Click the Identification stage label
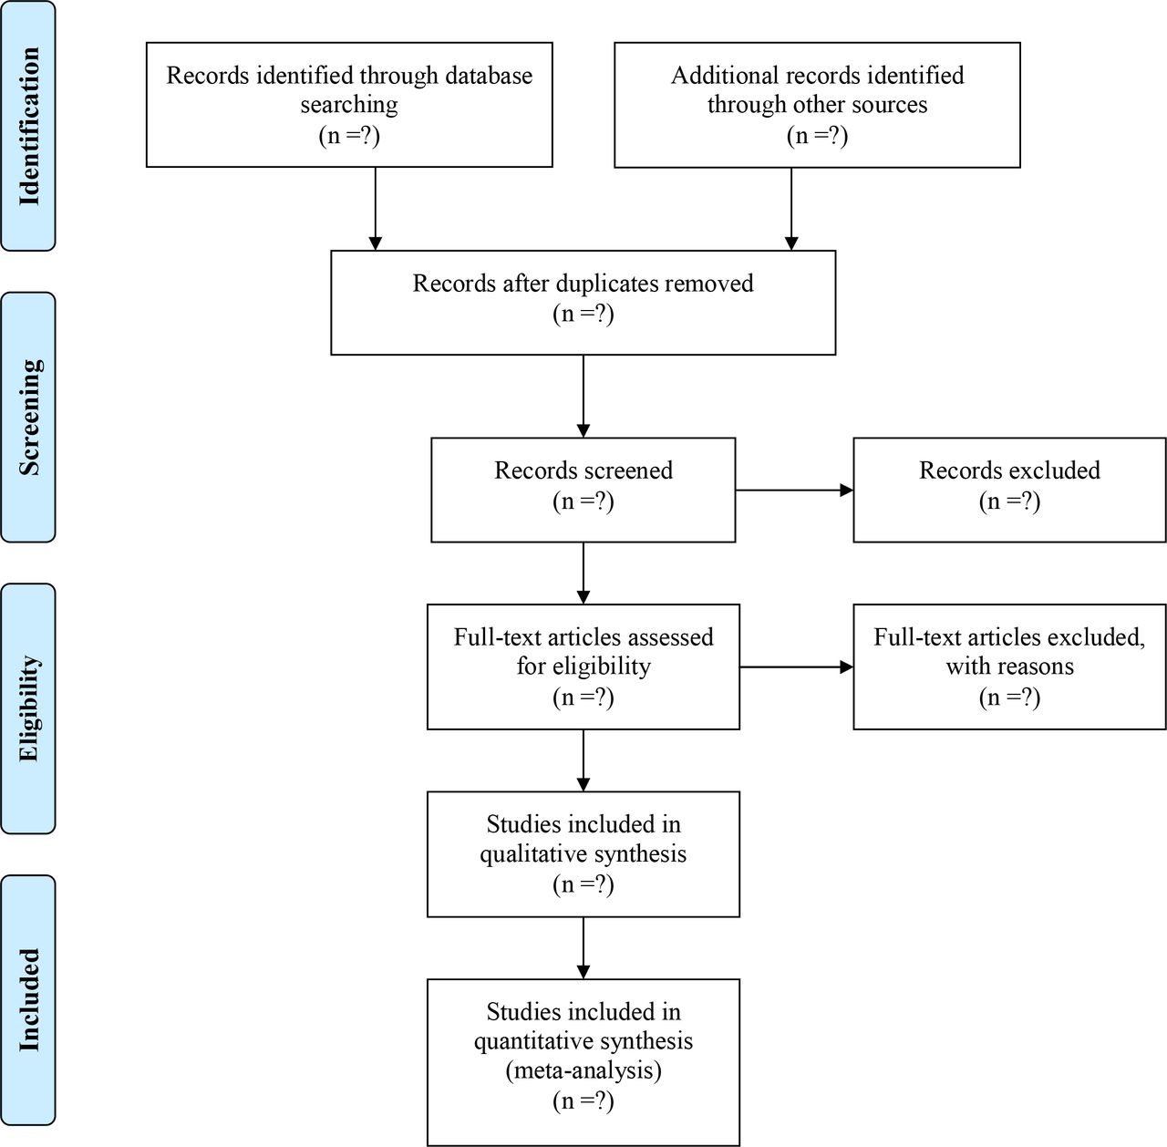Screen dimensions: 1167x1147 [x=29, y=126]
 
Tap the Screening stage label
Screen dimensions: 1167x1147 [x=29, y=418]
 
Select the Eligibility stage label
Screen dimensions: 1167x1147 [x=29, y=708]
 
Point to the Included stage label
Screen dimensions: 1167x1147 [x=29, y=999]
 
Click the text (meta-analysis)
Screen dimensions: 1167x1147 [x=583, y=1070]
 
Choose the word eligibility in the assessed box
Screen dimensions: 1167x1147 [x=602, y=667]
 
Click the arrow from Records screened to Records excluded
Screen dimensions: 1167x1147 [x=794, y=491]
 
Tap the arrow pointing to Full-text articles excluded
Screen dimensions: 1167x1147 [x=796, y=667]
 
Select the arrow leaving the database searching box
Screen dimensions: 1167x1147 [x=376, y=209]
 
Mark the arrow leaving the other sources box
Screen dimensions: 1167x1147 [x=791, y=209]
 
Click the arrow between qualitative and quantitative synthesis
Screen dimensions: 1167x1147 [x=583, y=947]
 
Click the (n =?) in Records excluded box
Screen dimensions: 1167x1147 [x=1009, y=501]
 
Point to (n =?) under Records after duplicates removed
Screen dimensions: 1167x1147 [x=583, y=314]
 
